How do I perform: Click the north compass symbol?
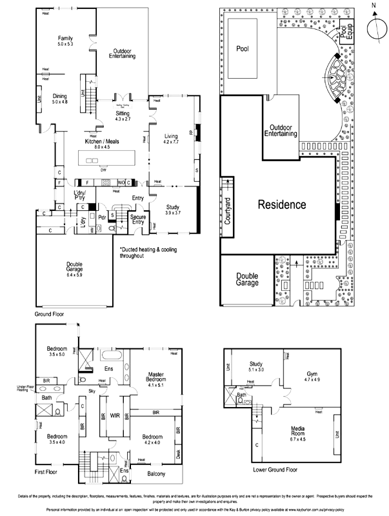coord(373,27)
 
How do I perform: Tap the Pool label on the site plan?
coord(243,48)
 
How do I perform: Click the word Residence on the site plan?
coord(282,205)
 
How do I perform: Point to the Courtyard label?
coord(228,208)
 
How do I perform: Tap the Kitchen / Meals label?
coord(103,144)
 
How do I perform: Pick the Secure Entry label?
coord(137,219)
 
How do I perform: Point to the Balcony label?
coord(155,475)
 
